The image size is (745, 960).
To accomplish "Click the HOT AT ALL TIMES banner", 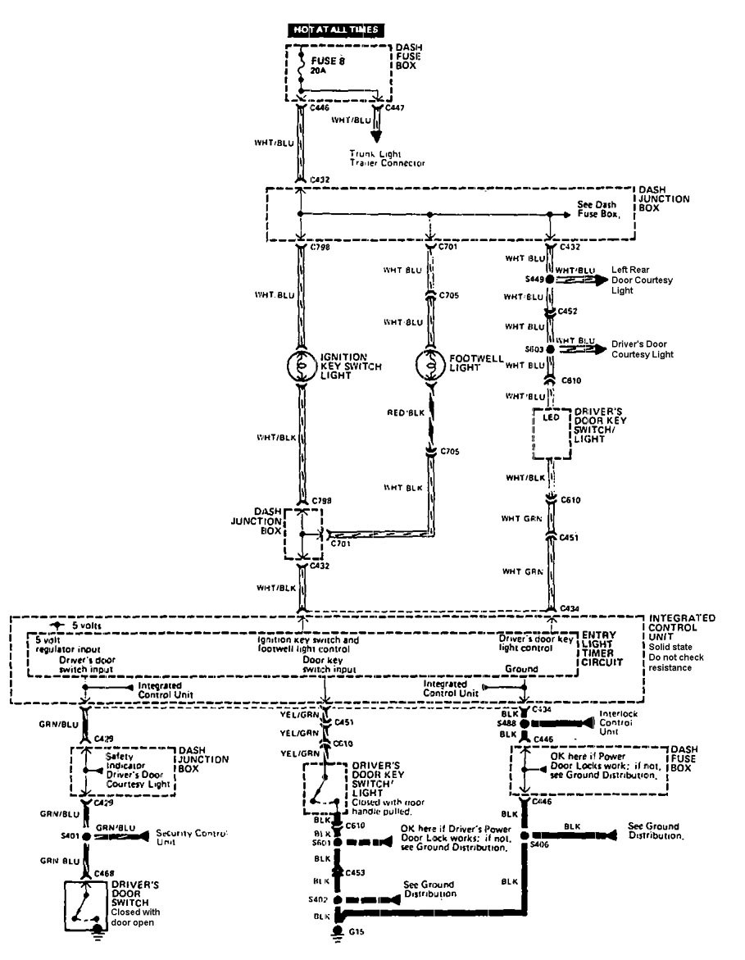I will (336, 30).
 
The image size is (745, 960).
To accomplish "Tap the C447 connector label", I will (395, 107).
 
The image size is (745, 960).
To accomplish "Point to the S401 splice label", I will (70, 837).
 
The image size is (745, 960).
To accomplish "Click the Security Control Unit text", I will (190, 836).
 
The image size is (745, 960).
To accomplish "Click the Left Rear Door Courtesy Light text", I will (641, 280).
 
